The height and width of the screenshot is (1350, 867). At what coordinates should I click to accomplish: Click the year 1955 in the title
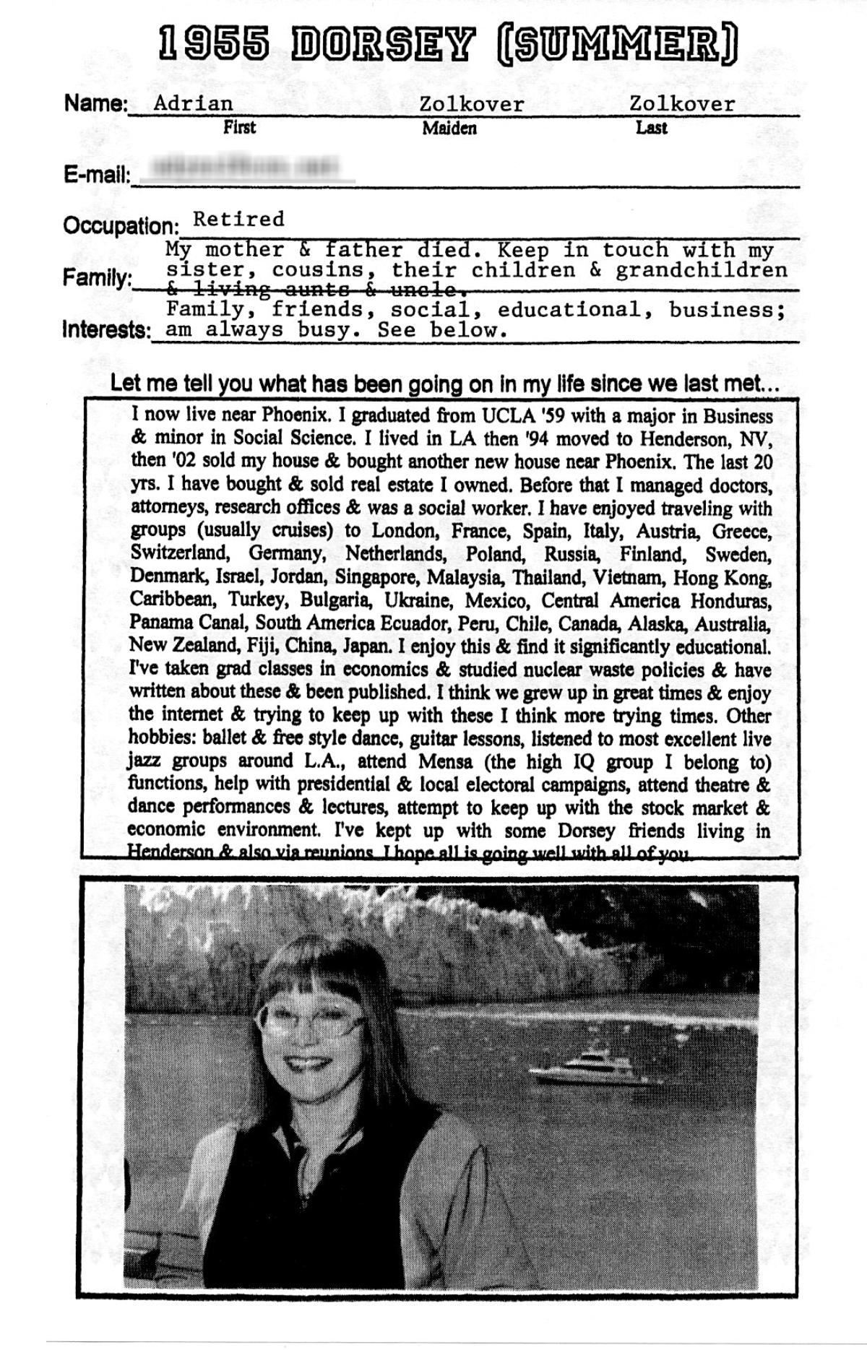point(211,46)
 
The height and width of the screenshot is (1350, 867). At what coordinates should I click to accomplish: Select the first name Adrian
point(194,103)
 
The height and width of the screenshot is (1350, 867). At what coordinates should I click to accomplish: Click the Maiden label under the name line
point(449,129)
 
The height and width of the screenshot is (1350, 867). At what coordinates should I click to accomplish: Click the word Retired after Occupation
point(238,219)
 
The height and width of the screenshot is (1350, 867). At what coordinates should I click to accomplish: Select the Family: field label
point(97,278)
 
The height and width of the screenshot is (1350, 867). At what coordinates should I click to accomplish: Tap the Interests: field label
point(106,331)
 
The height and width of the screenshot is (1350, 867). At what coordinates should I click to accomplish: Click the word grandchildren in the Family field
point(701,270)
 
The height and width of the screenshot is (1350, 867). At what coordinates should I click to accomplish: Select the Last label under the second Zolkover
point(651,129)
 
